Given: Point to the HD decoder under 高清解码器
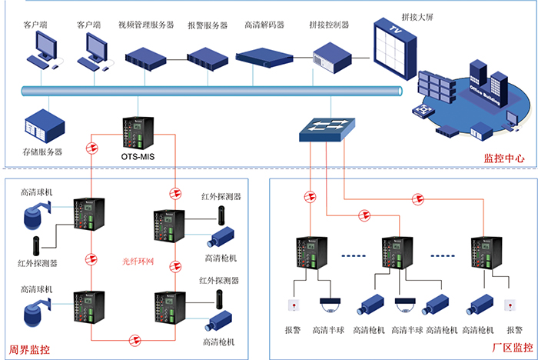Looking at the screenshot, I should pos(265,56).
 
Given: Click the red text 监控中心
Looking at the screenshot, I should pos(503,158).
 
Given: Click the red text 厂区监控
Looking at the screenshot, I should pos(512,348).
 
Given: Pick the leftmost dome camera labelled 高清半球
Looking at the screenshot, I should pos(331,303).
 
